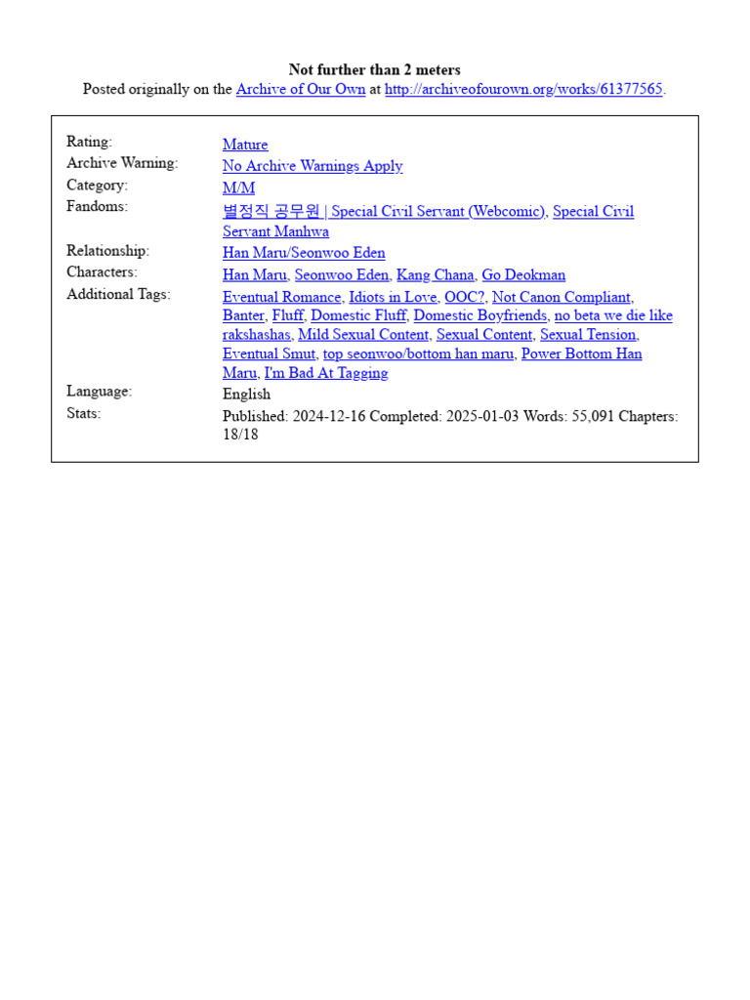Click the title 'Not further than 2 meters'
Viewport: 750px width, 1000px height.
tap(374, 69)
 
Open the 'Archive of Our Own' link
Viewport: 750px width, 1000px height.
tap(301, 89)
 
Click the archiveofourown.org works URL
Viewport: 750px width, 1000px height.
tap(523, 89)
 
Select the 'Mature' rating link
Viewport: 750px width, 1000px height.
tap(245, 145)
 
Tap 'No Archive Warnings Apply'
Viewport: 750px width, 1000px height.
tap(312, 166)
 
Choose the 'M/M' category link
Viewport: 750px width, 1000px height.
tap(238, 187)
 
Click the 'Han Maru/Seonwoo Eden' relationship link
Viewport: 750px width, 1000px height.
tap(304, 253)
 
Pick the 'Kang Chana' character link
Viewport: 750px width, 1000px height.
tap(436, 275)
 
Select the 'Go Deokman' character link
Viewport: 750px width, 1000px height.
tap(523, 275)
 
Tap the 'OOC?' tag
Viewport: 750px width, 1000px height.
tap(464, 297)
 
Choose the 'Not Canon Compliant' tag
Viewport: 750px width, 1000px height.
tap(562, 297)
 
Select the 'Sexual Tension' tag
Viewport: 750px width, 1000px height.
tap(588, 335)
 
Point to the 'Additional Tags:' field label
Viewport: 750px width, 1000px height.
tap(118, 294)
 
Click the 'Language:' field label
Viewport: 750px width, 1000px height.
tap(99, 392)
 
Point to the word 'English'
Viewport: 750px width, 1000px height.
tap(247, 395)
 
